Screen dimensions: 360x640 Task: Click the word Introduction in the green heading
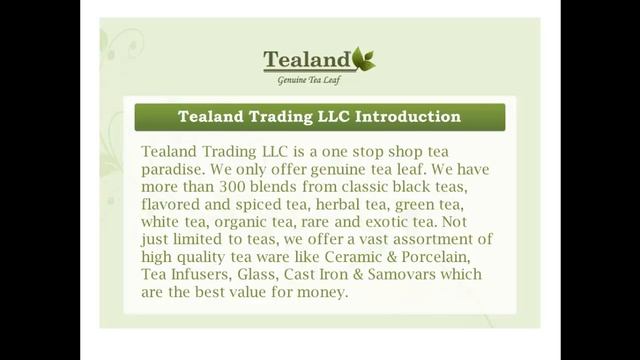[x=407, y=117]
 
